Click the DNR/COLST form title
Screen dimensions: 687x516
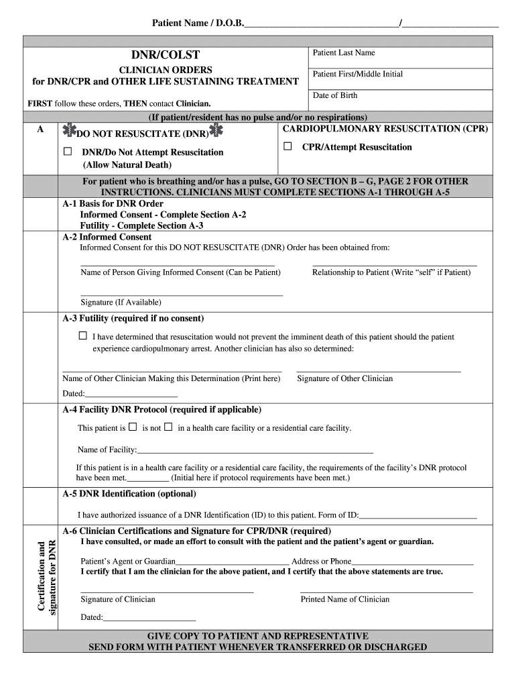coord(165,55)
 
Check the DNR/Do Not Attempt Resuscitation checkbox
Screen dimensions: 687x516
coord(68,152)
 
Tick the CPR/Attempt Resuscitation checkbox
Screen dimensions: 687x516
coord(287,146)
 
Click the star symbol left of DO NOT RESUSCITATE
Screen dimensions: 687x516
coord(68,131)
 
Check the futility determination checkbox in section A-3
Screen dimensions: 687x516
coord(83,335)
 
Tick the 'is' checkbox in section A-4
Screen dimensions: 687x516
coord(133,427)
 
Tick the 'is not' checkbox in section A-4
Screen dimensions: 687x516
coord(168,427)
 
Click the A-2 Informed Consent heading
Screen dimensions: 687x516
coord(107,237)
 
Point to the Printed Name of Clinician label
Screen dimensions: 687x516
coord(344,599)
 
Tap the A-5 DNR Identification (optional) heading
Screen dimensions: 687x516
coord(129,494)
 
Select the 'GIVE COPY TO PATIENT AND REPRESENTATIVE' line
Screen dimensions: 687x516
coord(257,635)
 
